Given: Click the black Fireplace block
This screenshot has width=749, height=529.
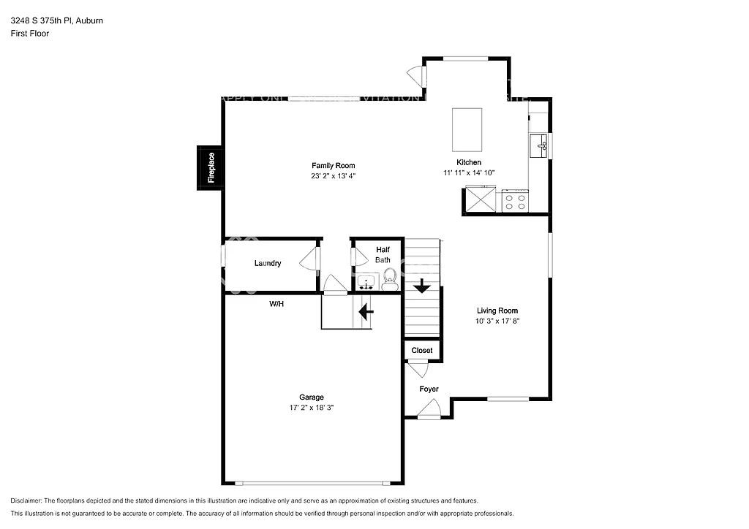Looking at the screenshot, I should (x=209, y=168).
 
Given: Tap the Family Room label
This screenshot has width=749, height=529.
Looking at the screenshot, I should (x=333, y=166).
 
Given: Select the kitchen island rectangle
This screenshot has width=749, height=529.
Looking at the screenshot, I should (x=467, y=129).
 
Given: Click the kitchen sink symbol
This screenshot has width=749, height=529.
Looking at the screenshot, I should (x=540, y=145).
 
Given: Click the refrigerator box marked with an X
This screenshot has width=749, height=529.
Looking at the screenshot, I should (x=481, y=200).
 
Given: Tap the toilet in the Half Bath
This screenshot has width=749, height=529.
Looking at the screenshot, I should (x=390, y=278).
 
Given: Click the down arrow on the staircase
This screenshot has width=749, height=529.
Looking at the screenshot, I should (x=421, y=286).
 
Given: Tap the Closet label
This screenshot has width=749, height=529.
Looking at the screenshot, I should (x=422, y=351).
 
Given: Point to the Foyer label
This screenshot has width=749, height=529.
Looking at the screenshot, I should (x=429, y=389).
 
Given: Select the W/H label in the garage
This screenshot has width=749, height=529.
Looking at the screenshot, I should (x=276, y=303).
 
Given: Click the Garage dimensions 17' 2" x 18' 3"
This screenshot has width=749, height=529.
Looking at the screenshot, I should (x=311, y=408).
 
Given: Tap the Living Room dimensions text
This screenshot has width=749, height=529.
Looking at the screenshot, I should (x=497, y=321).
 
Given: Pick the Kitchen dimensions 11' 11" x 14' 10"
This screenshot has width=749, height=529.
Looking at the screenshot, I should (x=469, y=172).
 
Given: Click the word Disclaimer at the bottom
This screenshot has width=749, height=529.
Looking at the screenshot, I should (x=26, y=501).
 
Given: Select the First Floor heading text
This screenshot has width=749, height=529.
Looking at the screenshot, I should (x=30, y=33).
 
